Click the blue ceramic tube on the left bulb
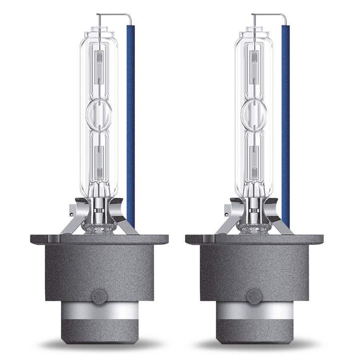(x=131, y=120)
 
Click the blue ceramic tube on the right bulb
(x=286, y=120)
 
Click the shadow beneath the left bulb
(x=99, y=343)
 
